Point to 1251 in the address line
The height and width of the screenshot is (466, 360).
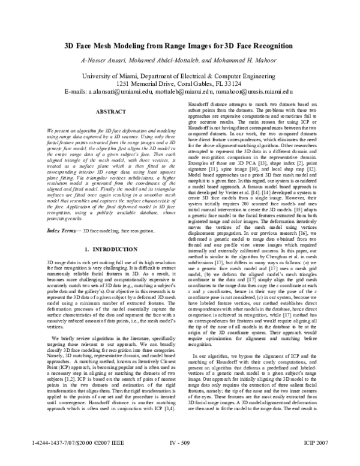pyautogui.click(x=125, y=85)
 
